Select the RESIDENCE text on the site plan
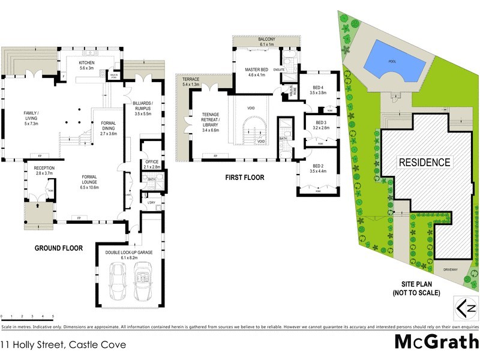pos(424,162)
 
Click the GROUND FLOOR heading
pos(59,248)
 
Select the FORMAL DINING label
pos(108,127)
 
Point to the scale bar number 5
pos(53,316)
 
